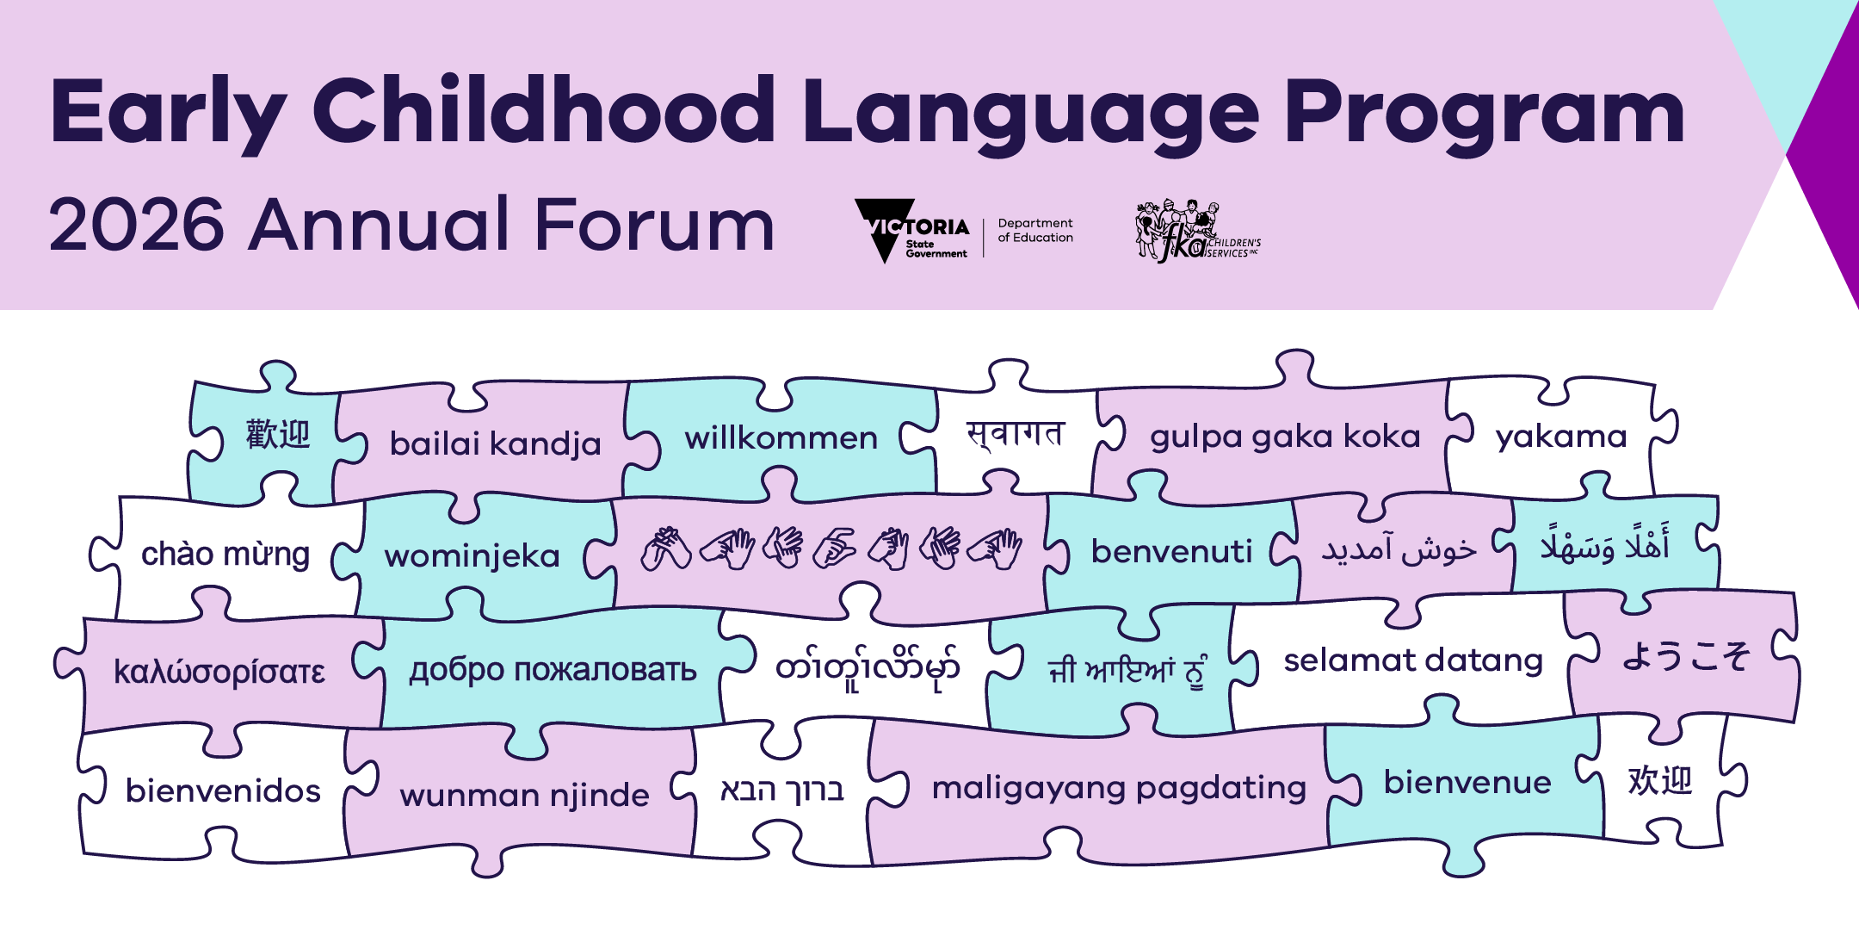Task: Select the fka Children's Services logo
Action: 1196,231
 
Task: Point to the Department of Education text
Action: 1035,231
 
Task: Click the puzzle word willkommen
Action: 781,438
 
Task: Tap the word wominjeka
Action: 472,556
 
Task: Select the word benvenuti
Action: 1171,552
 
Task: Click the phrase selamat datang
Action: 1413,660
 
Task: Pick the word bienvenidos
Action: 223,790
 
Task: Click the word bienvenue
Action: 1467,783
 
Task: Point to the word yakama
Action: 1561,437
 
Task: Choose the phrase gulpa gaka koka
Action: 1285,437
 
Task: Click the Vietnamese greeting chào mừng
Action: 225,555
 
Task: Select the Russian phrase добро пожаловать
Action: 553,670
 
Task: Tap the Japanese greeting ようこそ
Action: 1685,656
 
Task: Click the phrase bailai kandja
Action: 495,443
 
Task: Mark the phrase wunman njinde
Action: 524,795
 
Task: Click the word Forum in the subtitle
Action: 654,226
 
